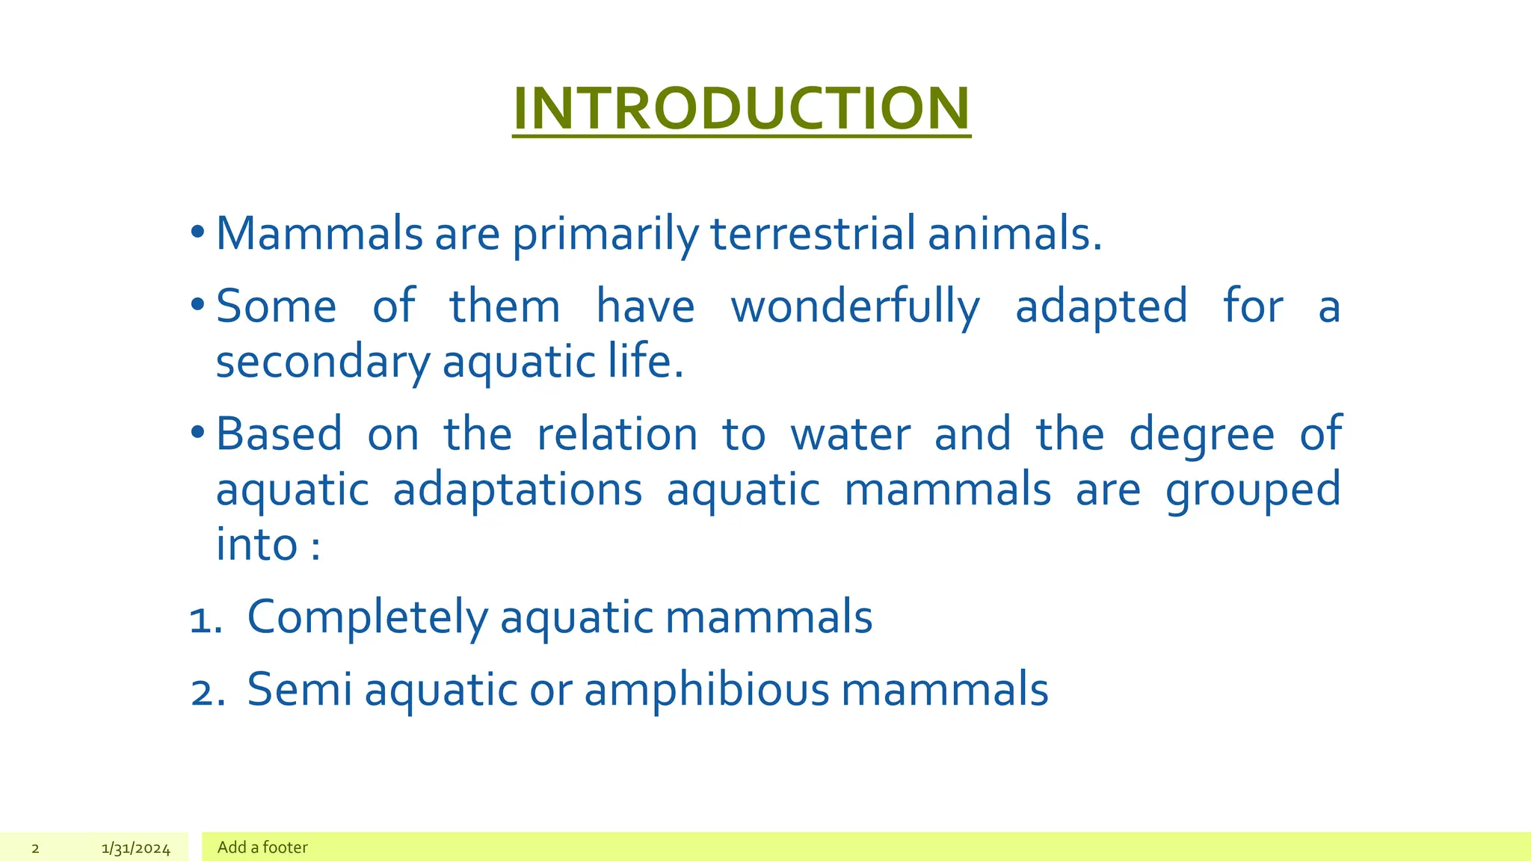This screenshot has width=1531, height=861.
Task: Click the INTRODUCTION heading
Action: click(741, 108)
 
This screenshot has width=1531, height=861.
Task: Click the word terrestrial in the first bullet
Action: click(812, 233)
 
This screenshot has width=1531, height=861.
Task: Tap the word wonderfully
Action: click(854, 306)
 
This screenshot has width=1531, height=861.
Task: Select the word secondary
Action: click(323, 362)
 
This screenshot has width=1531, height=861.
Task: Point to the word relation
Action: click(617, 434)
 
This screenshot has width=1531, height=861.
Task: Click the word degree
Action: click(1201, 434)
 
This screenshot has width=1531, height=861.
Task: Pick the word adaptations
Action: click(517, 490)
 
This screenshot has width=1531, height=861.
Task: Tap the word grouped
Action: click(1253, 491)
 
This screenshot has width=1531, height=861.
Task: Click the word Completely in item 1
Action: click(367, 618)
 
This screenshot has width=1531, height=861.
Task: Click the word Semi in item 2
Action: click(299, 689)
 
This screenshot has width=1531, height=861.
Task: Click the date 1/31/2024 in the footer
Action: click(136, 848)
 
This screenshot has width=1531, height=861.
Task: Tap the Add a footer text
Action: click(262, 848)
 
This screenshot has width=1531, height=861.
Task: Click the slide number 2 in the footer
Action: click(35, 848)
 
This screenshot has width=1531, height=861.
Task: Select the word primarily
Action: click(605, 235)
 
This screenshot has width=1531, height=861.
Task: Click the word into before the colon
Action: click(256, 545)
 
